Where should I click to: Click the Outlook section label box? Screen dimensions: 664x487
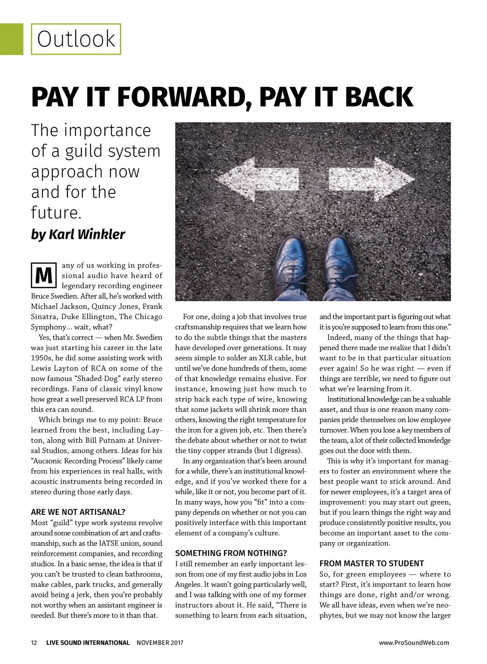click(76, 39)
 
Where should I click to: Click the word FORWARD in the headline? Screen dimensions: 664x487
click(182, 97)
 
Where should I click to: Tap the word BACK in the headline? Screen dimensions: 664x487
click(374, 97)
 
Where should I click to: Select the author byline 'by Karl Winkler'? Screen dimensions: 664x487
click(78, 234)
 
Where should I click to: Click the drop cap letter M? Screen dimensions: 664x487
click(43, 275)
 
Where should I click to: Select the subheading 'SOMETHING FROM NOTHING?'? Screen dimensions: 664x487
click(231, 553)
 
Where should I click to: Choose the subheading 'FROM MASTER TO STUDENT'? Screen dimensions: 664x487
click(371, 563)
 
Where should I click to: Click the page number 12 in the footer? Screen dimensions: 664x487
click(34, 643)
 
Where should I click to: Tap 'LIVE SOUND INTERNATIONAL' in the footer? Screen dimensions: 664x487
click(88, 643)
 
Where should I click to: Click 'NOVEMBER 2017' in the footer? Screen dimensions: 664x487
click(160, 643)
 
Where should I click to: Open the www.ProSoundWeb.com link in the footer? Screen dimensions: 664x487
click(414, 643)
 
